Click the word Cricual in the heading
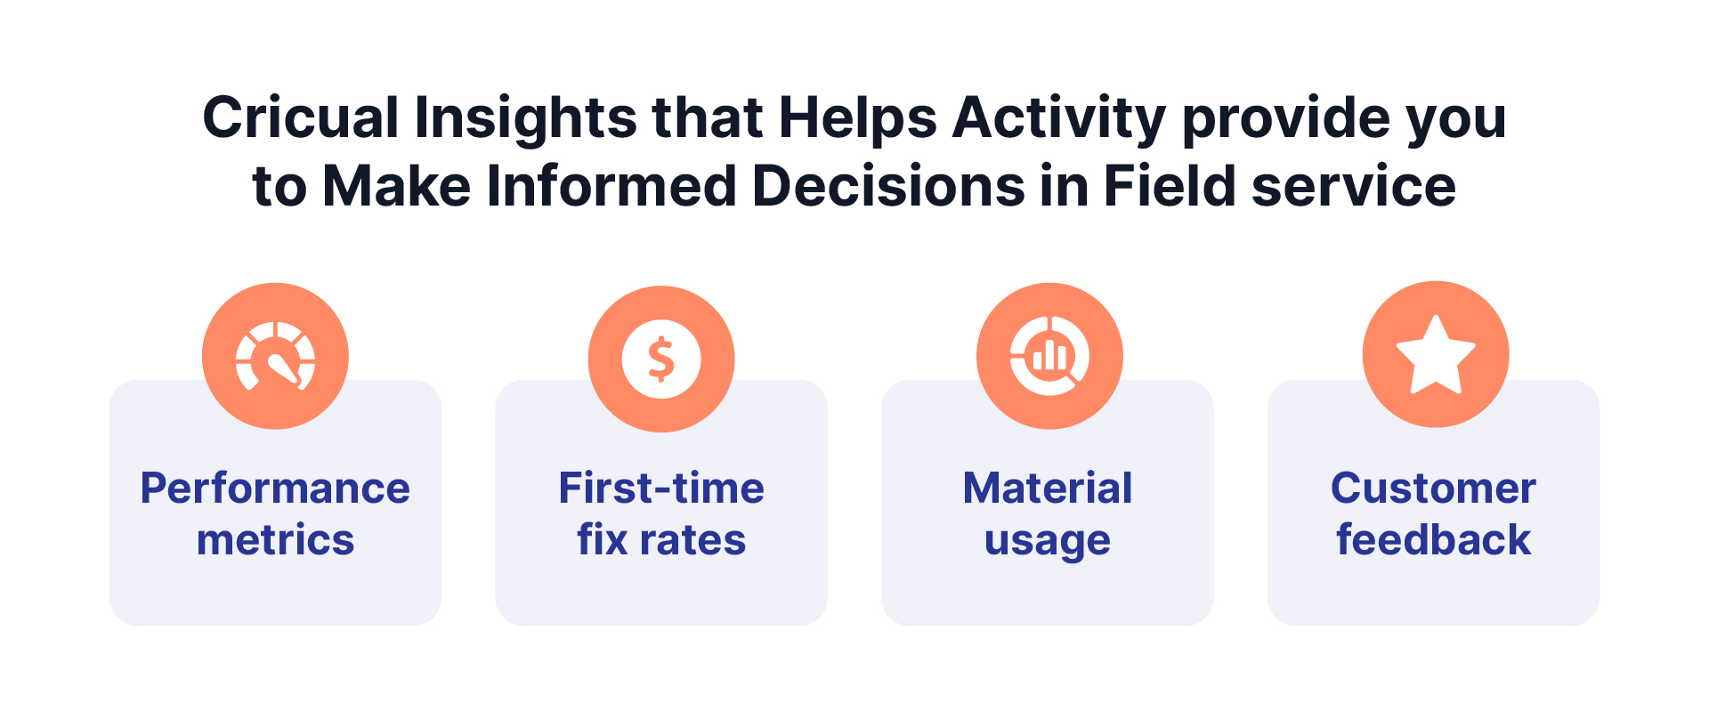tap(301, 117)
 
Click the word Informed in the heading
tap(612, 186)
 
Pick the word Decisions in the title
tap(888, 186)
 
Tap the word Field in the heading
tap(1170, 186)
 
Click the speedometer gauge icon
tap(275, 357)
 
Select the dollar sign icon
tap(661, 359)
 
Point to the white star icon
tap(1436, 354)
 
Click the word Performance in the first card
tap(275, 489)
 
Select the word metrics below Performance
tap(275, 540)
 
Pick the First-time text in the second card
tap(661, 489)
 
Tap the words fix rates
tap(661, 539)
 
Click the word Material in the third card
tap(1048, 489)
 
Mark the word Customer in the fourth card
tap(1433, 489)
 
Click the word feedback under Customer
tap(1433, 539)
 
